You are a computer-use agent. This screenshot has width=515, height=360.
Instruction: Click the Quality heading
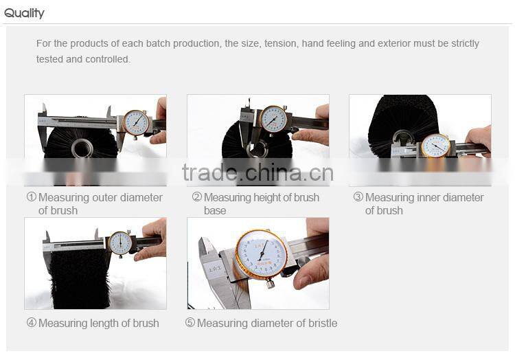(x=24, y=13)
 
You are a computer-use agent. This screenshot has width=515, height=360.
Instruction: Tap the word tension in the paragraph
(x=281, y=44)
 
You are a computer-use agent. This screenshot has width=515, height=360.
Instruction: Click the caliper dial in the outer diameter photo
(x=136, y=122)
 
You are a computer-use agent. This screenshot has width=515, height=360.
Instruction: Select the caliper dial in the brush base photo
(x=273, y=118)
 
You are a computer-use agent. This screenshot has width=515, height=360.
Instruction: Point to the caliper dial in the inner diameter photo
(x=435, y=145)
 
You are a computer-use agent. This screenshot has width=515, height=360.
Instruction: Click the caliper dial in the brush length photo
(x=120, y=242)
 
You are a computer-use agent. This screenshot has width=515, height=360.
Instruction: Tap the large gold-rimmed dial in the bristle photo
(x=262, y=254)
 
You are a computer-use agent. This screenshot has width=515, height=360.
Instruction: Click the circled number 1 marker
(x=31, y=197)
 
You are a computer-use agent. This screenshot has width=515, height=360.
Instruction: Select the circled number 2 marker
(x=196, y=197)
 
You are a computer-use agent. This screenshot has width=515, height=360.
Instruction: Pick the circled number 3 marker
(x=358, y=197)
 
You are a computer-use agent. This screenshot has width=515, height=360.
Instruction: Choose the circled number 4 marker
(x=31, y=323)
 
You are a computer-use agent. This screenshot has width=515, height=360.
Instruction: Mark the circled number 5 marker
(x=190, y=323)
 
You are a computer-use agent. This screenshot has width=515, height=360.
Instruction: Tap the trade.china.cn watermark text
(x=257, y=173)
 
